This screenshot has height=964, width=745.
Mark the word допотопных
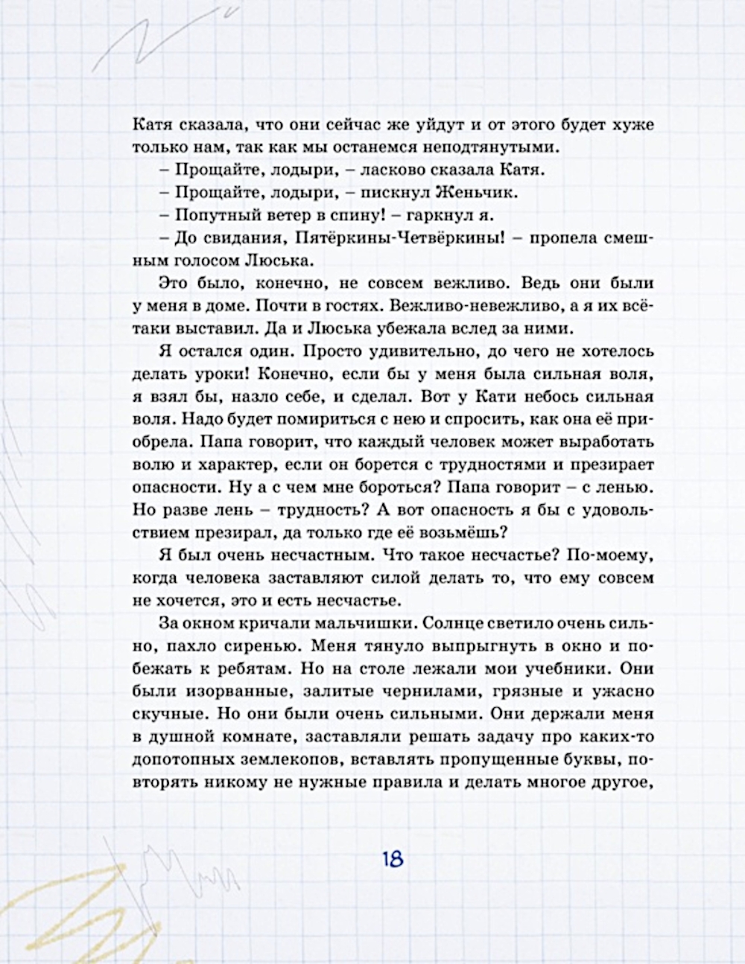[x=181, y=757]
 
